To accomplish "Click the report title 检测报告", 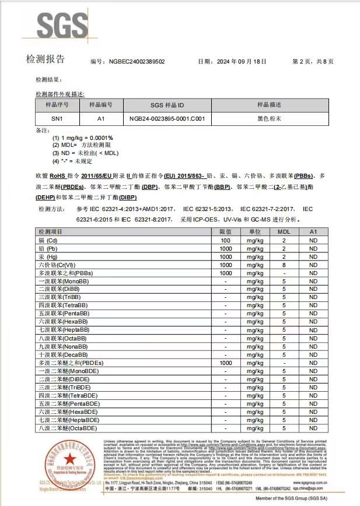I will click(46, 59).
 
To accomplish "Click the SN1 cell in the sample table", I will click(57, 118).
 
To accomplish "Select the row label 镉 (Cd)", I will click(48, 240).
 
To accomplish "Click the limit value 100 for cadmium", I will click(225, 240).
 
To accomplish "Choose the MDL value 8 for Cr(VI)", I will click(284, 265).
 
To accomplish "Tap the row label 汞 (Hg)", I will click(48, 256).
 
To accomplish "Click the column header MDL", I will click(284, 232).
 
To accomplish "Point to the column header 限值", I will click(225, 232).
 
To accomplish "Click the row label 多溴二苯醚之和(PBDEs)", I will click(68, 363).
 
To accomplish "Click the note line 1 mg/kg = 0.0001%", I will click(83, 138).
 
